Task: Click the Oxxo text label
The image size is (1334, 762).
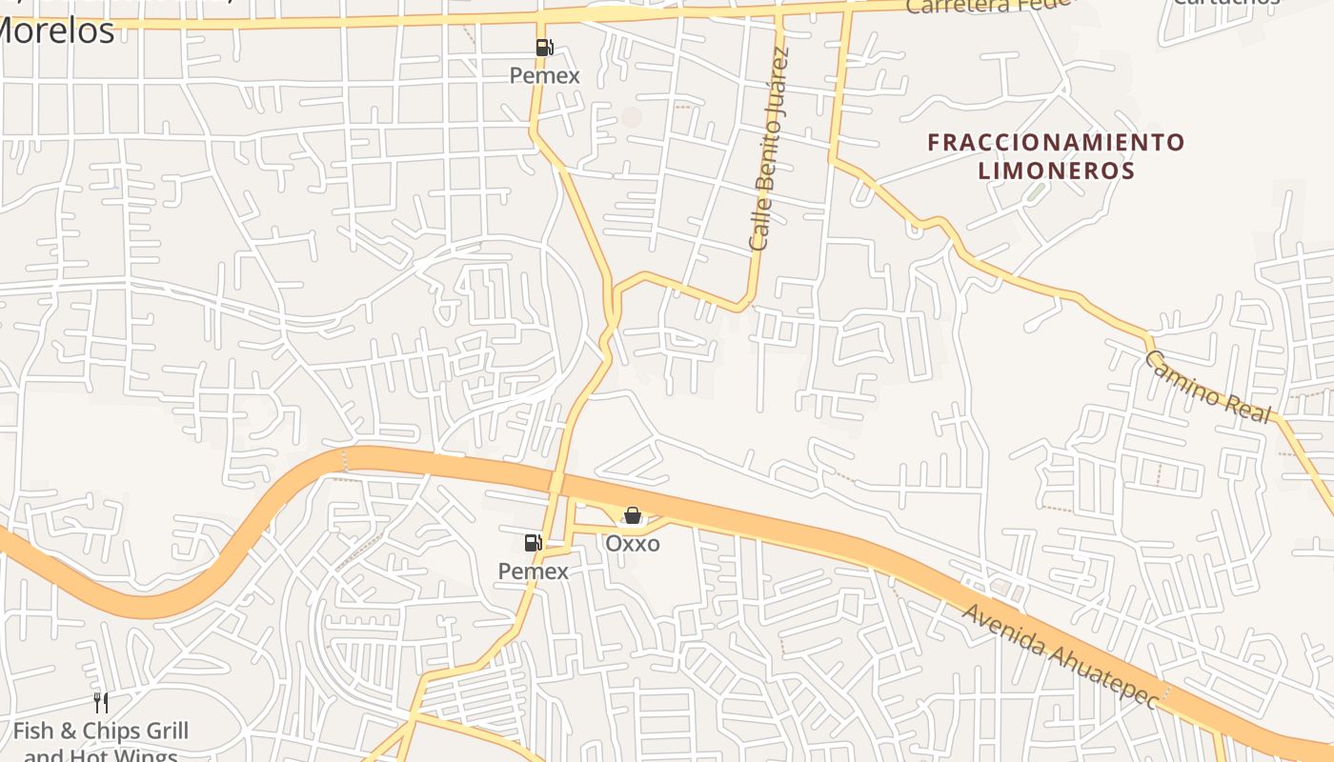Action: pos(633,544)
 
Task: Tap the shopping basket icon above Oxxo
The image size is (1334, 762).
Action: pos(632,515)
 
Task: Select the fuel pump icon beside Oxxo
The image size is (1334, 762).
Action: pos(534,543)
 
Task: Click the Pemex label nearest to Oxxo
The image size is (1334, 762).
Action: pos(534,571)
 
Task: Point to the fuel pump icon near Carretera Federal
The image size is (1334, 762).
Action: pos(544,47)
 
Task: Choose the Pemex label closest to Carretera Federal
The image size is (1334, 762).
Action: pos(544,75)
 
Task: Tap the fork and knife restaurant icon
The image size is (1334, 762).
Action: pos(101,703)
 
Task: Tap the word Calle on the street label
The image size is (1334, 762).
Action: pos(758,227)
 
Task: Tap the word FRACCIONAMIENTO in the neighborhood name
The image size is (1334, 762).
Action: pos(1056,143)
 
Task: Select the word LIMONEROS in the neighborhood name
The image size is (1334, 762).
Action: pos(1056,171)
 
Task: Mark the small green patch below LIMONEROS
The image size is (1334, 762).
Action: pos(1035,192)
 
